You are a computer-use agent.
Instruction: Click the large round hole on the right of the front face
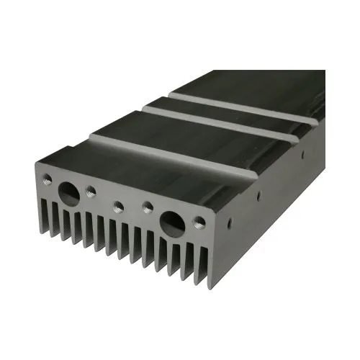[174, 220]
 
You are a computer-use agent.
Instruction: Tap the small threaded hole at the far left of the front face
[48, 177]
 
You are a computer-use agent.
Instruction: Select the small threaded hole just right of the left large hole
[91, 191]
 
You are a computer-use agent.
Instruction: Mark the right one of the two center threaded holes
[147, 207]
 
